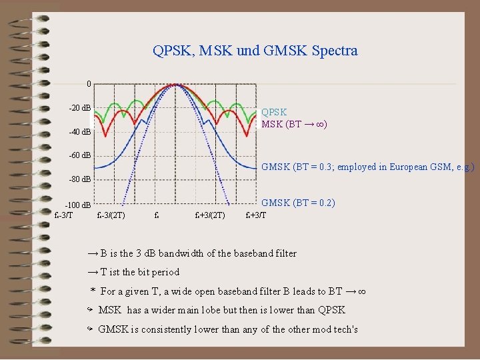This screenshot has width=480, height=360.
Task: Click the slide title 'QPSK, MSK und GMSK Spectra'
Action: click(x=255, y=51)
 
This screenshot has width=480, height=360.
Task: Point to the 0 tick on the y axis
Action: click(x=89, y=84)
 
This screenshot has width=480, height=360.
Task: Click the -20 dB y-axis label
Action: click(x=80, y=108)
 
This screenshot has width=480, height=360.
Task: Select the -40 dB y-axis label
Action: click(x=80, y=132)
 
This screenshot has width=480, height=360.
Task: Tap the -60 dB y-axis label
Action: click(x=80, y=156)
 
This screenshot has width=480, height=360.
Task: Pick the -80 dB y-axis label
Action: click(x=80, y=180)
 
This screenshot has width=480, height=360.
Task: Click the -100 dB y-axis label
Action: click(x=78, y=205)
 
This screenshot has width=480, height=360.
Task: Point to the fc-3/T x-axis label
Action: click(x=63, y=215)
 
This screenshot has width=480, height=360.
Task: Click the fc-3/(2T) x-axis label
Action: click(x=111, y=215)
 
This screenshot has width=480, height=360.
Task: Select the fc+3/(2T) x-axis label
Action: click(x=209, y=215)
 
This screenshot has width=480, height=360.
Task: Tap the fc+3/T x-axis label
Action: click(x=255, y=215)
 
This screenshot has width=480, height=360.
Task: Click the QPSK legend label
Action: click(x=274, y=113)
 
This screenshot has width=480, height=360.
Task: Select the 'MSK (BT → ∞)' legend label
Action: click(x=293, y=125)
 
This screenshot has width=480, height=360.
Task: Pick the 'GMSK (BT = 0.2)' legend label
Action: click(x=298, y=203)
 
